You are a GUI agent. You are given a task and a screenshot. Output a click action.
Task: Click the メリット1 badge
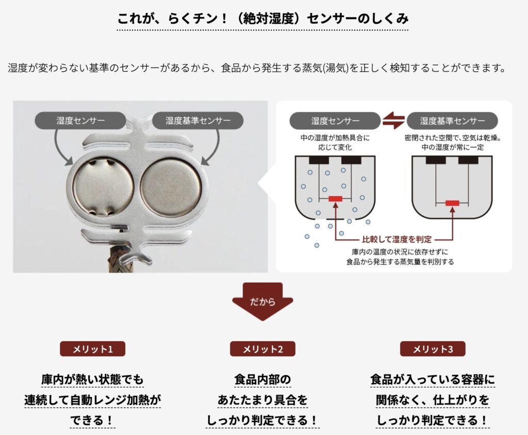pyautogui.click(x=93, y=349)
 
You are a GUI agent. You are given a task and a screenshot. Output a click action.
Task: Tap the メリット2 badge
pyautogui.click(x=262, y=349)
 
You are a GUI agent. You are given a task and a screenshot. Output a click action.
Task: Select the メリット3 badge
pyautogui.click(x=433, y=349)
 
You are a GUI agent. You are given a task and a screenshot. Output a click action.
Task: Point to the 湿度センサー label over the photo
pyautogui.click(x=80, y=121)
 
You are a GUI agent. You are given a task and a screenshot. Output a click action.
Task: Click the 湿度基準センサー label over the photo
pyautogui.click(x=197, y=121)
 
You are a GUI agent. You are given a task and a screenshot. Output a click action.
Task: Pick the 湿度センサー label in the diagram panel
pyautogui.click(x=335, y=121)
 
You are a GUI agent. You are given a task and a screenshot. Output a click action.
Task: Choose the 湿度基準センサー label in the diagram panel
pyautogui.click(x=452, y=121)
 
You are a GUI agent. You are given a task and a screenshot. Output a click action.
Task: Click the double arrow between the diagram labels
pyautogui.click(x=393, y=121)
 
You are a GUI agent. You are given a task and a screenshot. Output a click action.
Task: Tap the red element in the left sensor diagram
pyautogui.click(x=335, y=199)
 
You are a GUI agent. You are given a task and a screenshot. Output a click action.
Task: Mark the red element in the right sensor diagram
pyautogui.click(x=452, y=203)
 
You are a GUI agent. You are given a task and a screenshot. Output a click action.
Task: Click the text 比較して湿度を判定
pyautogui.click(x=397, y=239)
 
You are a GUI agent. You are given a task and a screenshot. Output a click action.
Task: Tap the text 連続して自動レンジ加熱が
pyautogui.click(x=93, y=400)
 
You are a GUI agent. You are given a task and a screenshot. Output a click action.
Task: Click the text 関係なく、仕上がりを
pyautogui.click(x=433, y=400)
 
